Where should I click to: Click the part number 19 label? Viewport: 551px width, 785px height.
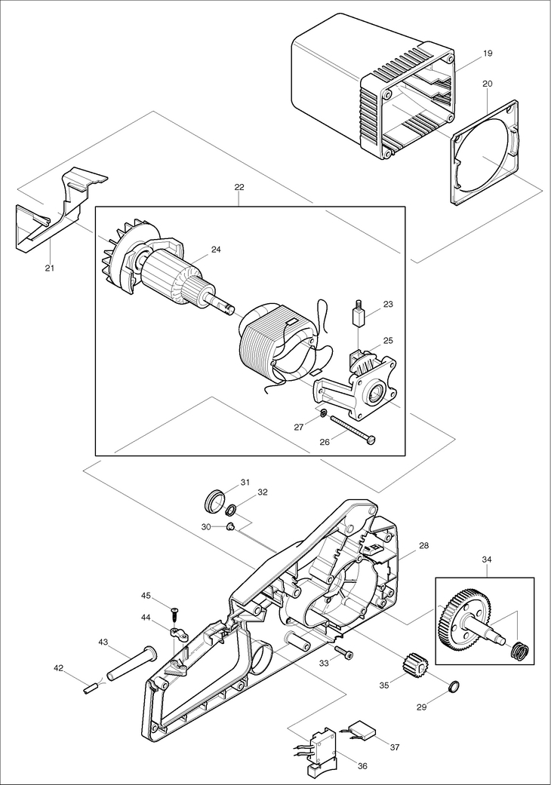tap(488, 54)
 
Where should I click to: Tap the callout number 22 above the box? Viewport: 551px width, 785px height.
tap(239, 187)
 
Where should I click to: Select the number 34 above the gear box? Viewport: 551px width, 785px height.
tap(488, 559)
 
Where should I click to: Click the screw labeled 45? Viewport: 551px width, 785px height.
tap(174, 610)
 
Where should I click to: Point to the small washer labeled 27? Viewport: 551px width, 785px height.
tap(323, 413)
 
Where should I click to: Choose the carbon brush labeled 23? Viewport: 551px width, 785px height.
tap(359, 313)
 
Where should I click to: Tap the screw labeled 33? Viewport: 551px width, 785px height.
tap(343, 652)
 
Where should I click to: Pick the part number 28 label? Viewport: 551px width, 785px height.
tap(424, 544)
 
